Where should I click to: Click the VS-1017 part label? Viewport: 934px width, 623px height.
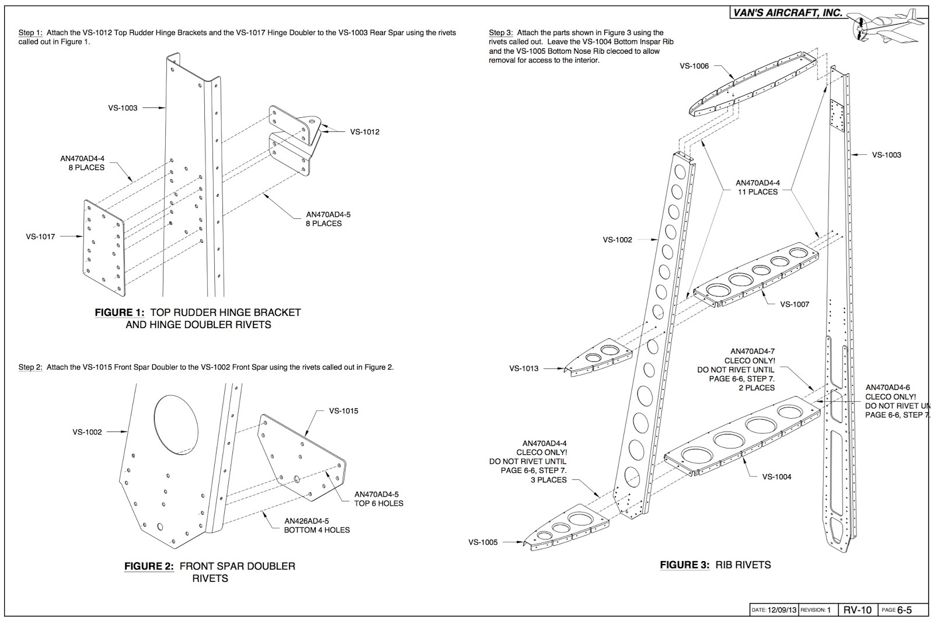[40, 236]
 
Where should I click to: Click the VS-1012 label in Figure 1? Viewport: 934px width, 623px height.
[364, 132]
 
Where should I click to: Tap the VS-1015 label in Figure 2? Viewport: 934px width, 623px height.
[343, 411]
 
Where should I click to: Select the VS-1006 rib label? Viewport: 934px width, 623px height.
[694, 66]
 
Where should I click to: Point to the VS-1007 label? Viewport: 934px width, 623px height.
[794, 304]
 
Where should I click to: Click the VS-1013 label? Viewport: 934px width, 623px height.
[524, 368]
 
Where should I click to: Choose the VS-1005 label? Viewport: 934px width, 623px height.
[483, 542]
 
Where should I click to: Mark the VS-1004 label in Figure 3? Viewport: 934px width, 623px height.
[776, 476]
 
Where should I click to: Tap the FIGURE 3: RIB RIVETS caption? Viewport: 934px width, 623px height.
[715, 565]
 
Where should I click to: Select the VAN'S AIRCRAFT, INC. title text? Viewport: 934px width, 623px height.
[787, 13]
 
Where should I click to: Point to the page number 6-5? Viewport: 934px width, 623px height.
[904, 610]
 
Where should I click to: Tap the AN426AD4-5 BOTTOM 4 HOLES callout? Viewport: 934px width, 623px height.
[316, 525]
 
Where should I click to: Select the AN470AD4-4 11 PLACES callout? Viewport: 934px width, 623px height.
[757, 187]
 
